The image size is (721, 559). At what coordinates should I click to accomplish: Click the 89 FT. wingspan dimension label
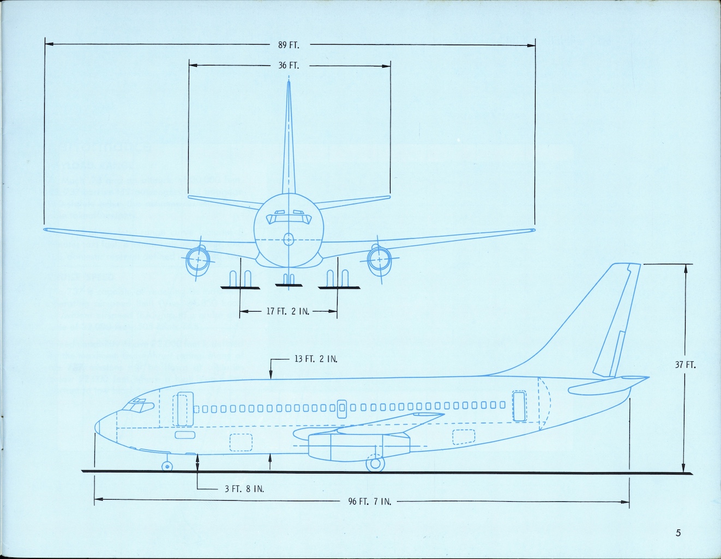click(289, 45)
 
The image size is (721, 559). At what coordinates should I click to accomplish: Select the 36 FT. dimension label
click(289, 66)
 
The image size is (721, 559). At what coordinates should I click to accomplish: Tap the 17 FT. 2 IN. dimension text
click(288, 312)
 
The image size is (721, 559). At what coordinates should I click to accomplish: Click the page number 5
click(678, 533)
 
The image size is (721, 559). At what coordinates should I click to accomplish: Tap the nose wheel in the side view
click(166, 466)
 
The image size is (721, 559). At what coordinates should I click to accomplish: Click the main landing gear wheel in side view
click(374, 464)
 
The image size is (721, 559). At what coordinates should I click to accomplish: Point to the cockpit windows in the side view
click(137, 405)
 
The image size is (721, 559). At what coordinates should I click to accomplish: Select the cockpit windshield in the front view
click(289, 218)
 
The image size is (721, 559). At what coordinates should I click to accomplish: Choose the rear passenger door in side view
click(519, 406)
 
